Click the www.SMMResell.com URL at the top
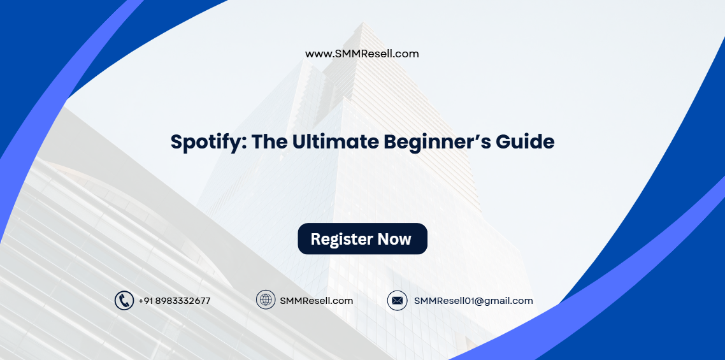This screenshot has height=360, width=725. coord(362,54)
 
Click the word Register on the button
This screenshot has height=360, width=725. coord(341,240)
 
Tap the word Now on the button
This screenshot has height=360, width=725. coord(394,240)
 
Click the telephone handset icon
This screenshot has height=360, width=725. coord(124,301)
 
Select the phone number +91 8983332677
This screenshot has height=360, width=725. coord(174,301)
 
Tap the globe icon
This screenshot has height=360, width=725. coord(266,300)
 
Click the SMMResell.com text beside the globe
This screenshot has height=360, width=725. coord(316,301)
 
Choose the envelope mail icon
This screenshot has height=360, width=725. coord(397,301)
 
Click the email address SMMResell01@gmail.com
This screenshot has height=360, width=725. coord(473,301)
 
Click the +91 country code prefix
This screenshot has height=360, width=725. coord(145,301)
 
